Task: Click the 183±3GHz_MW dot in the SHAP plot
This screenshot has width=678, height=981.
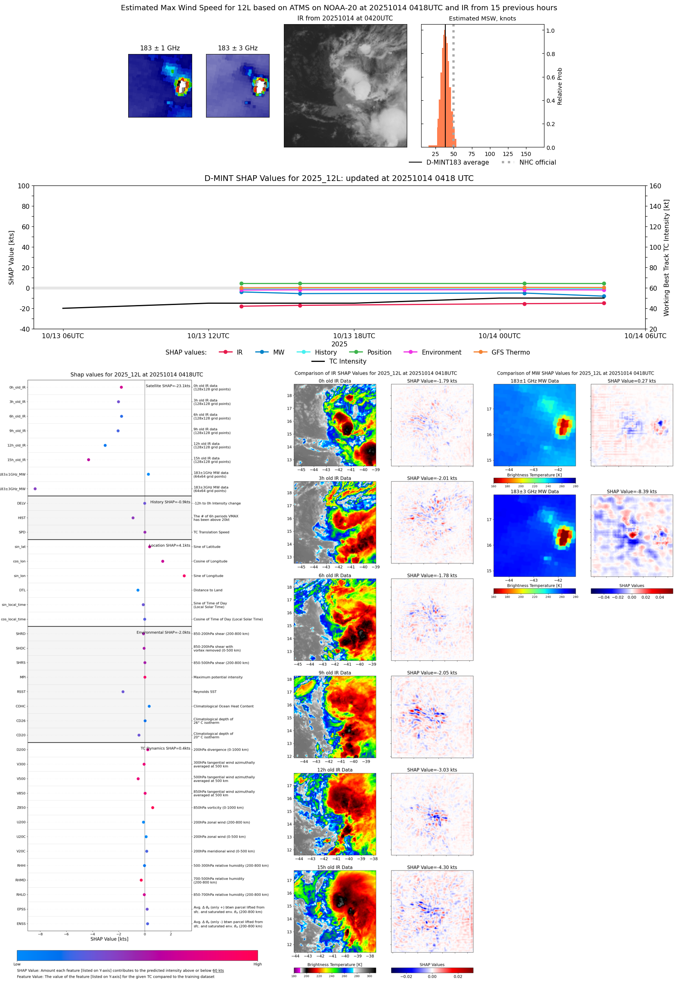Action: [35, 488]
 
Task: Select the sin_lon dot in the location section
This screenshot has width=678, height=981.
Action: [184, 576]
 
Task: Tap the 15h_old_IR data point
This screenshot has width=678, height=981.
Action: [88, 460]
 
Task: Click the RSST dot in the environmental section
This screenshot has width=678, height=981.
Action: [123, 692]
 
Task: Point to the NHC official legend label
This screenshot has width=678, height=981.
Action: [537, 162]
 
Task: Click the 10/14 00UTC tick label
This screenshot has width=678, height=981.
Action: [499, 336]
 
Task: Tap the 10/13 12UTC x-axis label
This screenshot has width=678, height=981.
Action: [208, 336]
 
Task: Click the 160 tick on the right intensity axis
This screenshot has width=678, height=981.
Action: [655, 186]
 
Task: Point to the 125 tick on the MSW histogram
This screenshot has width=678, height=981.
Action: [508, 154]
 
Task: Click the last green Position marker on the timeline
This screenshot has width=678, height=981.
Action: [604, 284]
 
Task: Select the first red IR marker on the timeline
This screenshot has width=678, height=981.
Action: [242, 306]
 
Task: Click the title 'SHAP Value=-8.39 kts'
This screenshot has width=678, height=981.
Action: [631, 492]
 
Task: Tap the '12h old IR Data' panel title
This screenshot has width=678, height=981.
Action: [335, 770]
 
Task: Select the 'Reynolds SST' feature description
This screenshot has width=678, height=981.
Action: [205, 692]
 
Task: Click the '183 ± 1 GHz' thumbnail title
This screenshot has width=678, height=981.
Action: [160, 48]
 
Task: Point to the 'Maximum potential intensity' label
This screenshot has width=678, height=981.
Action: [218, 677]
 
